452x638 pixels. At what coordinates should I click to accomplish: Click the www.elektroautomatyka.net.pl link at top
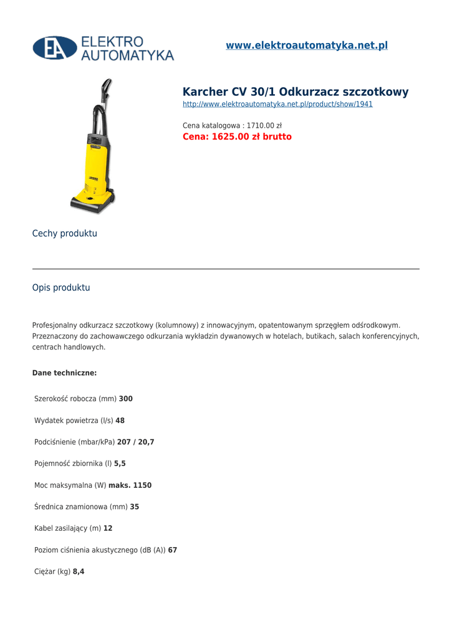point(306,45)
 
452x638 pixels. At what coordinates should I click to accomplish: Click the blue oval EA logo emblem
point(55,48)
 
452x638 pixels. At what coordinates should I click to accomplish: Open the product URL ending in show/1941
point(277,104)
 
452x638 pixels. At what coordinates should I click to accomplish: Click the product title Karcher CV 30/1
point(296,92)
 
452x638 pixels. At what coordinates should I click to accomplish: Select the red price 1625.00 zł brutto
point(237,137)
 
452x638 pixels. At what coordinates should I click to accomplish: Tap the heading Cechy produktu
point(65,234)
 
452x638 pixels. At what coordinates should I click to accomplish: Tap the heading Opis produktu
point(61,288)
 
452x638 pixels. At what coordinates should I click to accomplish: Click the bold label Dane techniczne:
point(64,373)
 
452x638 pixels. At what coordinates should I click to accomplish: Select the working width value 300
point(126,399)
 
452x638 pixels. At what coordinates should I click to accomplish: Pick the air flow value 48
point(120,421)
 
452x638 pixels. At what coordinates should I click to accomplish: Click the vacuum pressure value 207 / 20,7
point(135,442)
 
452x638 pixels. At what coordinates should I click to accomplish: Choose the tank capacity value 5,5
point(120,464)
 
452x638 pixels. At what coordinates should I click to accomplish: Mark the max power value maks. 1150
point(130,485)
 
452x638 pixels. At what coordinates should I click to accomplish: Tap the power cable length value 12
point(108,528)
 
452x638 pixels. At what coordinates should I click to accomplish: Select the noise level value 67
point(173,550)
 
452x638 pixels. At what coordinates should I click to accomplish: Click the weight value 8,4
point(79,571)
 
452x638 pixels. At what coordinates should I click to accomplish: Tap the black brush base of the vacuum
point(92,202)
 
